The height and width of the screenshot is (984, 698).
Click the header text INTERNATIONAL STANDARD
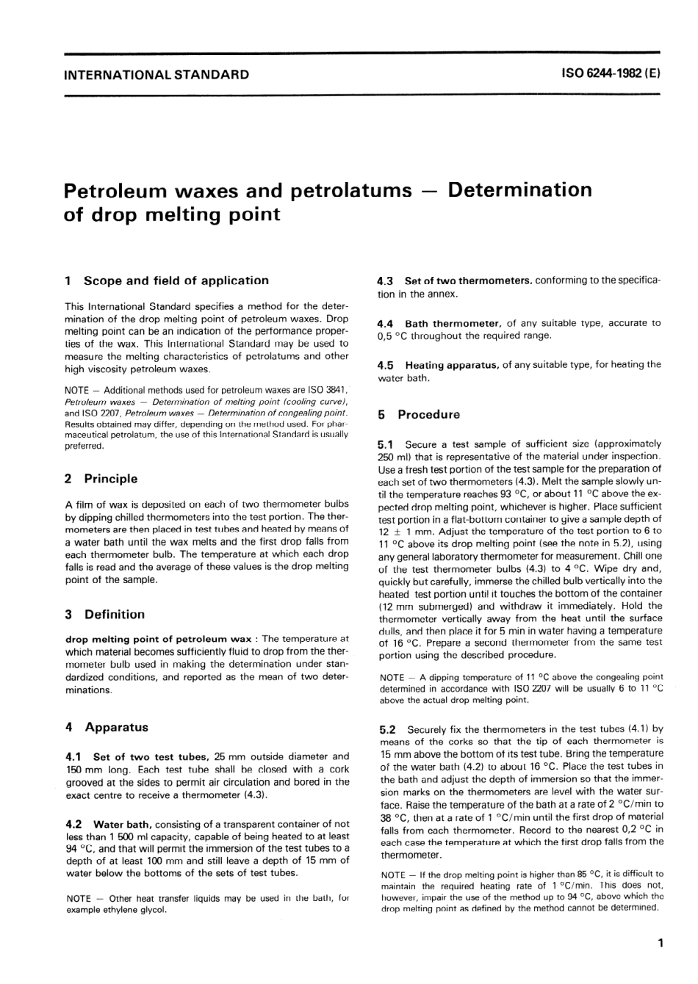click(x=156, y=74)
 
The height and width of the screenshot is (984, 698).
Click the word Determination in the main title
click(x=519, y=190)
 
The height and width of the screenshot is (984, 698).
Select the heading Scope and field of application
click(x=176, y=281)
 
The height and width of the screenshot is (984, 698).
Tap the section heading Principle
click(x=110, y=479)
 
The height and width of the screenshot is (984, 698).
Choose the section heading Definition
click(x=114, y=615)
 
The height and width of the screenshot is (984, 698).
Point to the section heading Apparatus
click(x=116, y=728)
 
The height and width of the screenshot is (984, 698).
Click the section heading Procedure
click(x=428, y=415)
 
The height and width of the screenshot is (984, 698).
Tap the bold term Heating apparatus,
click(x=452, y=365)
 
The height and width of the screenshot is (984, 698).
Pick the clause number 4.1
click(x=73, y=756)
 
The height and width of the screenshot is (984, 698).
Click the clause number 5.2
click(x=387, y=729)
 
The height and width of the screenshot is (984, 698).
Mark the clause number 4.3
click(x=386, y=281)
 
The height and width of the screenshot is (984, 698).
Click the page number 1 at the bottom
click(x=661, y=944)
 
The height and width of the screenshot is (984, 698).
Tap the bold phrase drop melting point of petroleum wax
click(x=158, y=639)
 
